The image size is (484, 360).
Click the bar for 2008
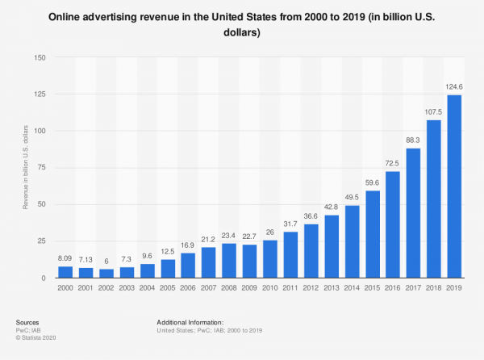click(x=229, y=261)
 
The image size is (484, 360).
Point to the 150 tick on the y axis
click(x=40, y=57)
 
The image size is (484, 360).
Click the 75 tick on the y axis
click(x=41, y=168)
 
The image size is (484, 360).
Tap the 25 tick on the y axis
click(x=41, y=241)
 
